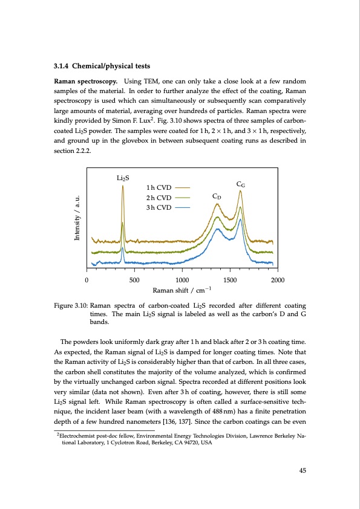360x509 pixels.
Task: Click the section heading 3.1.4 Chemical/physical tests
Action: click(x=102, y=66)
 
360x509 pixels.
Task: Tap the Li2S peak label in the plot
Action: click(x=123, y=178)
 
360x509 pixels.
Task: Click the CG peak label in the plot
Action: click(x=240, y=185)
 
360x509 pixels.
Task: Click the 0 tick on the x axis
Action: click(x=87, y=279)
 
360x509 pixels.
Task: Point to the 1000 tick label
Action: click(x=182, y=279)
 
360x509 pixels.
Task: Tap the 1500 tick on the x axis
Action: click(x=230, y=279)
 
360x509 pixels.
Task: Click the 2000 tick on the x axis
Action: click(x=278, y=279)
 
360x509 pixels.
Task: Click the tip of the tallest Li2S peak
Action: click(x=123, y=186)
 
